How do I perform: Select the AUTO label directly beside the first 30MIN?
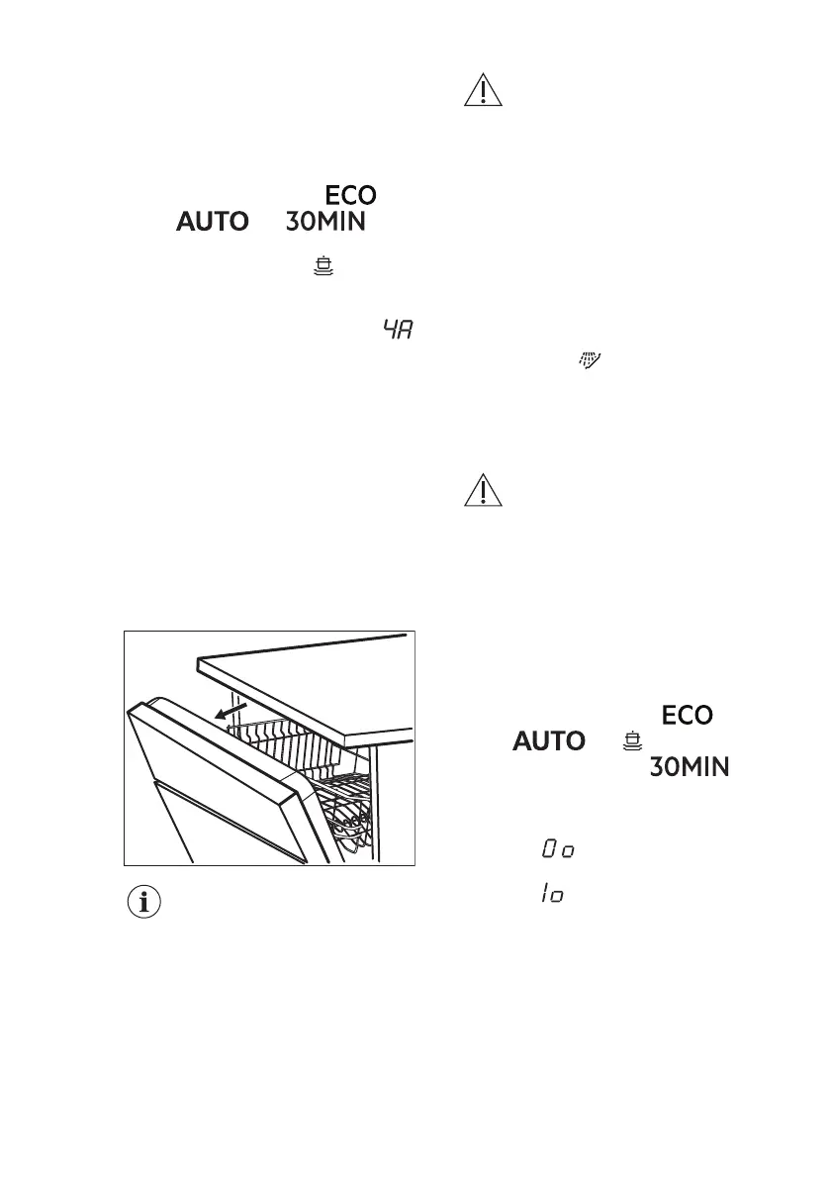pyautogui.click(x=212, y=223)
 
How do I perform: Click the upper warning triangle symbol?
pyautogui.click(x=484, y=92)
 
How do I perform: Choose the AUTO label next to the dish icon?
pyautogui.click(x=548, y=739)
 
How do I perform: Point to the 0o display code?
pyautogui.click(x=558, y=849)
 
